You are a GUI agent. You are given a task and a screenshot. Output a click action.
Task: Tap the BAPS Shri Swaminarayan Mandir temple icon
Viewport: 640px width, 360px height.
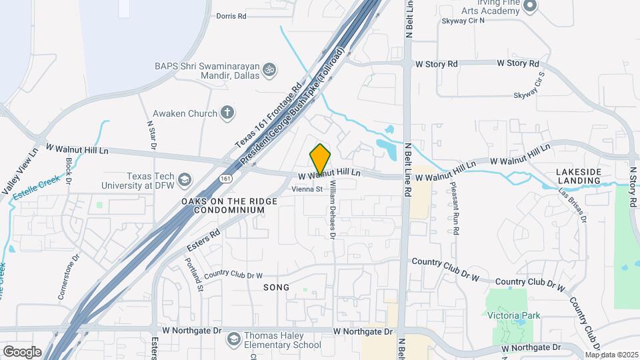click(271, 69)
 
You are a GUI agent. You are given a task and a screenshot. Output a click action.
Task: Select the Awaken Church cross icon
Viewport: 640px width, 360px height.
click(227, 113)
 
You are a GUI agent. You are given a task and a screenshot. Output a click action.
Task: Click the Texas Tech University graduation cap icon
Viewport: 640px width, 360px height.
click(185, 180)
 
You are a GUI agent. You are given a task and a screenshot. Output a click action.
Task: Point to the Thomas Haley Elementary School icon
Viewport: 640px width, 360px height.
click(233, 340)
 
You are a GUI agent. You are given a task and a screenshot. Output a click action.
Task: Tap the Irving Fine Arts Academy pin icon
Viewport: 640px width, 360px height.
click(531, 7)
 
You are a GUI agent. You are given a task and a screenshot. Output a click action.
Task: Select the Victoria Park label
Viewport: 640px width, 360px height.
click(513, 315)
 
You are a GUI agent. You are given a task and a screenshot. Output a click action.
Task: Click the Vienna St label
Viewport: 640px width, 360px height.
click(307, 189)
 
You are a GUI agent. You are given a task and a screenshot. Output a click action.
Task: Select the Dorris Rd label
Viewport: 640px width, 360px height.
click(232, 15)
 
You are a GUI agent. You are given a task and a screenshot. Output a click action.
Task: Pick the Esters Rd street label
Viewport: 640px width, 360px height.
click(203, 240)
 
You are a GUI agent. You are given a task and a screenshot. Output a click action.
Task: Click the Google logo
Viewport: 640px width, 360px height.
click(22, 351)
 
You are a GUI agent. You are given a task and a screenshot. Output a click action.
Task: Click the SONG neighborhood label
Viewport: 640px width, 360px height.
click(277, 287)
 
